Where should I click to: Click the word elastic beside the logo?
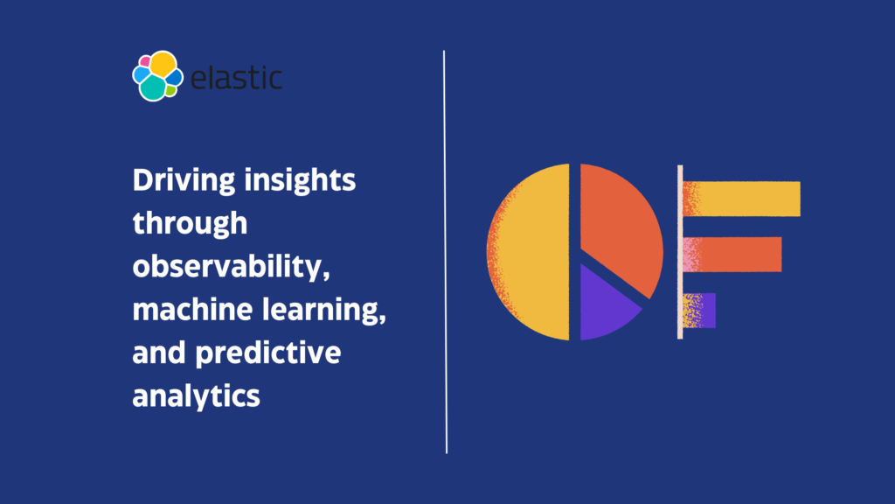(x=236, y=78)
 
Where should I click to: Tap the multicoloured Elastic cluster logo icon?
(x=157, y=76)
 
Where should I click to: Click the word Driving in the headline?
(x=184, y=181)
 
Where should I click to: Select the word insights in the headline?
(x=300, y=181)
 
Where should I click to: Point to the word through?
(x=190, y=223)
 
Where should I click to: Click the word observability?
(x=231, y=267)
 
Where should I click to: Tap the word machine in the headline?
(x=192, y=310)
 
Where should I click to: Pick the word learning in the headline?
(x=324, y=310)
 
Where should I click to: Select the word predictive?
(x=268, y=353)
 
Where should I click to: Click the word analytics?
(x=197, y=395)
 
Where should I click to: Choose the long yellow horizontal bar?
(x=741, y=199)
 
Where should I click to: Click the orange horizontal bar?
(x=732, y=255)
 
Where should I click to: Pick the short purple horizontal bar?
(x=699, y=311)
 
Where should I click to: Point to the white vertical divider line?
(x=445, y=252)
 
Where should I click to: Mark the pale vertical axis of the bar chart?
(x=680, y=252)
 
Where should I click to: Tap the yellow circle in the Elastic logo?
(x=163, y=64)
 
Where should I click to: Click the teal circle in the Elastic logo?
(x=153, y=88)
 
